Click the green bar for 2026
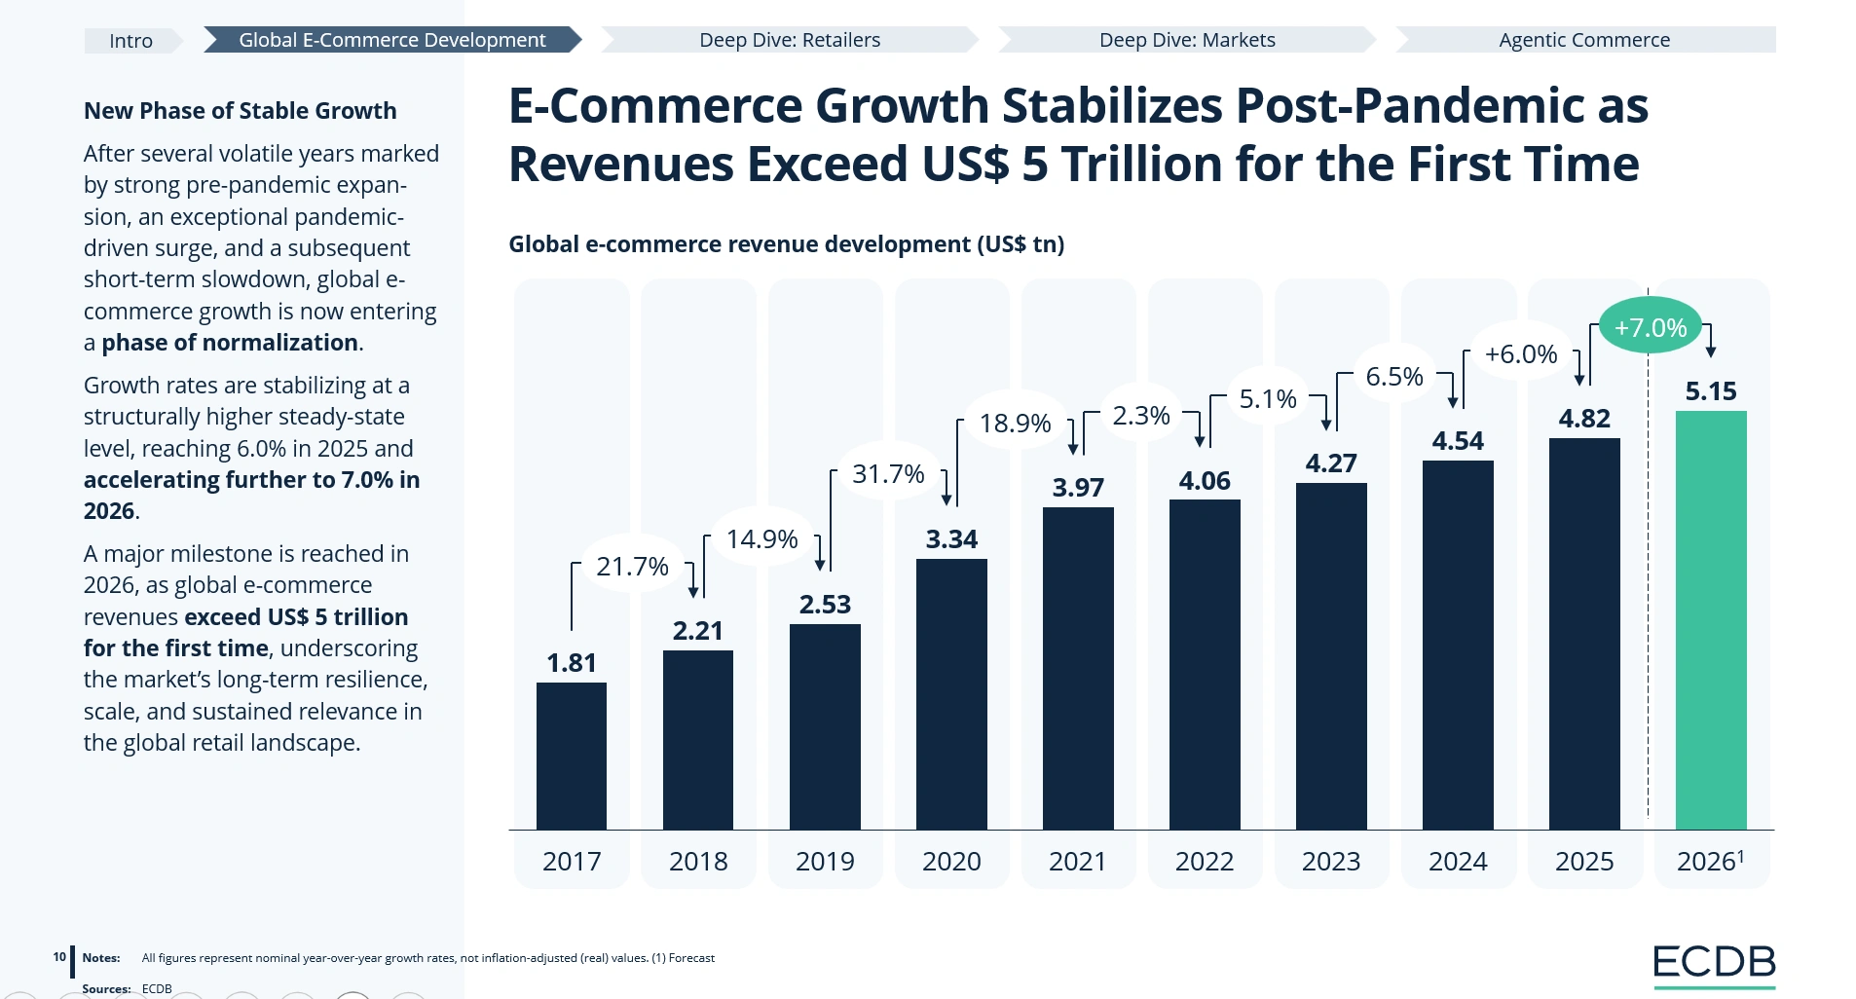[x=1711, y=620]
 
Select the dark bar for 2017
[x=572, y=756]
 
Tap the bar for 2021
[x=1078, y=668]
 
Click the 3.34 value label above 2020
[x=951, y=539]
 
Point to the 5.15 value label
[x=1711, y=391]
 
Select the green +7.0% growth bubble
[x=1651, y=327]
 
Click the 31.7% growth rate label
[x=888, y=474]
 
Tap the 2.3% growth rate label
[x=1141, y=416]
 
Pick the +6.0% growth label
[x=1521, y=354]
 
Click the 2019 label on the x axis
[x=825, y=862]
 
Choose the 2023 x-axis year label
[x=1331, y=862]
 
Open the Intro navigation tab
[x=131, y=41]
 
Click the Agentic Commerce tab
[x=1584, y=40]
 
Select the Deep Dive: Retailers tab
[x=790, y=40]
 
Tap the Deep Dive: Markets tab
[x=1187, y=40]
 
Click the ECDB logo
[x=1715, y=965]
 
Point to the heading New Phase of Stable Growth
[x=240, y=111]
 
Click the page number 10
[x=59, y=957]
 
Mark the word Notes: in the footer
[x=101, y=958]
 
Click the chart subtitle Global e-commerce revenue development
[x=740, y=244]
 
